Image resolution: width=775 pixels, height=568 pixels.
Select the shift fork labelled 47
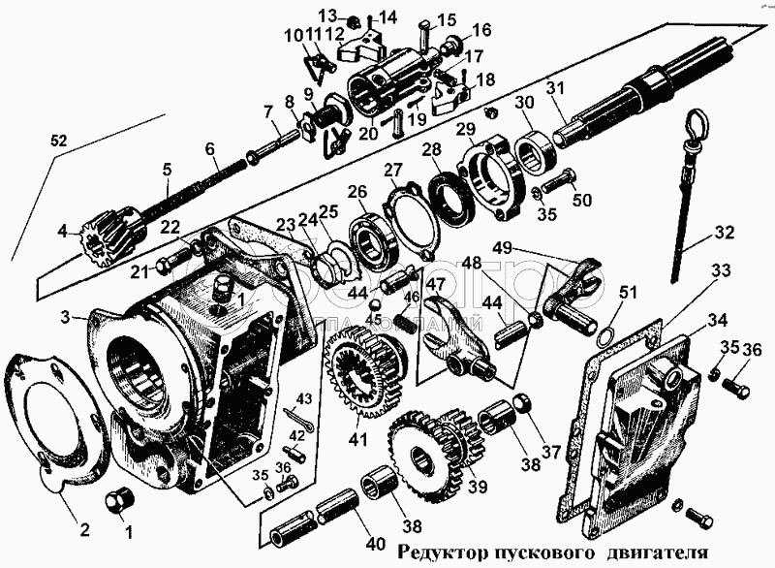446,334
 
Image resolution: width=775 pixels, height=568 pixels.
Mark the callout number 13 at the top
327,16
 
